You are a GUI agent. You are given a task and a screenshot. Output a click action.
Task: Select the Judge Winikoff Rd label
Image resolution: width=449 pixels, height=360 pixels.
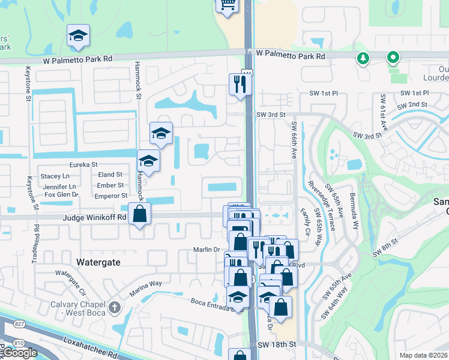click(x=94, y=217)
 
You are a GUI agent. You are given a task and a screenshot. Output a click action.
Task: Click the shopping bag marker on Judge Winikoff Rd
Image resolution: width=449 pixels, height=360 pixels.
click(x=139, y=214)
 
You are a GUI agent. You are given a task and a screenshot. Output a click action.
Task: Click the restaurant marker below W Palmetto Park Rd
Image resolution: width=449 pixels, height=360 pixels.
click(x=238, y=84)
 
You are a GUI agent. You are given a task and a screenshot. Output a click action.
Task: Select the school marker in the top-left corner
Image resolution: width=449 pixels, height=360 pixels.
click(x=78, y=37)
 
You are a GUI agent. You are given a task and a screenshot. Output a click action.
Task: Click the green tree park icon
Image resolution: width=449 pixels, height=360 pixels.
click(x=363, y=58)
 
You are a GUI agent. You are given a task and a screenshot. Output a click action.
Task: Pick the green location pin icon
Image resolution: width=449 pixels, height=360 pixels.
click(x=393, y=58)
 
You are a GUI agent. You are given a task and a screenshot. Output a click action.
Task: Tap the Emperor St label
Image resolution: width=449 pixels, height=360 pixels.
click(x=112, y=196)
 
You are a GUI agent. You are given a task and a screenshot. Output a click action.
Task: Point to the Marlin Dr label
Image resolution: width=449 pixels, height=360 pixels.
click(x=204, y=250)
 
